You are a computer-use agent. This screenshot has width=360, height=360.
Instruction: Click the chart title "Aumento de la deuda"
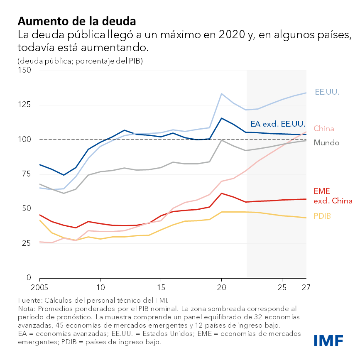click(x=77, y=21)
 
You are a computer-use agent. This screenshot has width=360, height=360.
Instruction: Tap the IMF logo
click(x=328, y=340)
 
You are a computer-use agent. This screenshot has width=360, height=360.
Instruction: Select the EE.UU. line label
click(x=327, y=92)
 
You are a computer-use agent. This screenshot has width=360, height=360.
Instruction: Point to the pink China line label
click(x=324, y=128)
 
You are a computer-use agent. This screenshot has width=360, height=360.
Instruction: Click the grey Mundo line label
click(x=326, y=143)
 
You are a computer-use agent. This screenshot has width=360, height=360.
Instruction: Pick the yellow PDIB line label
click(x=322, y=216)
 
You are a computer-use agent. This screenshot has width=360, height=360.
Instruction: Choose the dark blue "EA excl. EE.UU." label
click(x=278, y=124)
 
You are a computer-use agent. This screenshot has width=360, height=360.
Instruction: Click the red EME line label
click(x=322, y=191)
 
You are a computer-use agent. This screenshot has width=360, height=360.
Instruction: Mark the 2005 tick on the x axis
click(x=39, y=287)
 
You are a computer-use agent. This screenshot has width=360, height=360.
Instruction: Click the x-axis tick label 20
click(x=221, y=287)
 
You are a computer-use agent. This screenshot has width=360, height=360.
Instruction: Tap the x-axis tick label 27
click(x=306, y=287)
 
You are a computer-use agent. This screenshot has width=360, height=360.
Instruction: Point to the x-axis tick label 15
click(x=161, y=287)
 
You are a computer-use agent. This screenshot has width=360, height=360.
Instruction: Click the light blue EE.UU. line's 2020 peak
click(x=221, y=94)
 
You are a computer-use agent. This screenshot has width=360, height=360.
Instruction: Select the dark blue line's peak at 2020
click(x=221, y=118)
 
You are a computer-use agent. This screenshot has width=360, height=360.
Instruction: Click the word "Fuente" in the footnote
click(x=29, y=300)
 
